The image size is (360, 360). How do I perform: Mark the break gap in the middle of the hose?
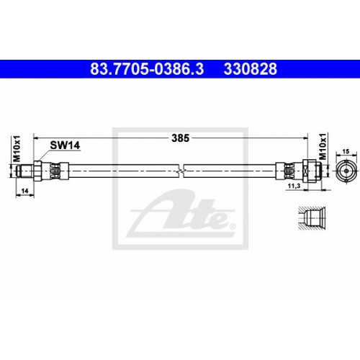click(x=184, y=170)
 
